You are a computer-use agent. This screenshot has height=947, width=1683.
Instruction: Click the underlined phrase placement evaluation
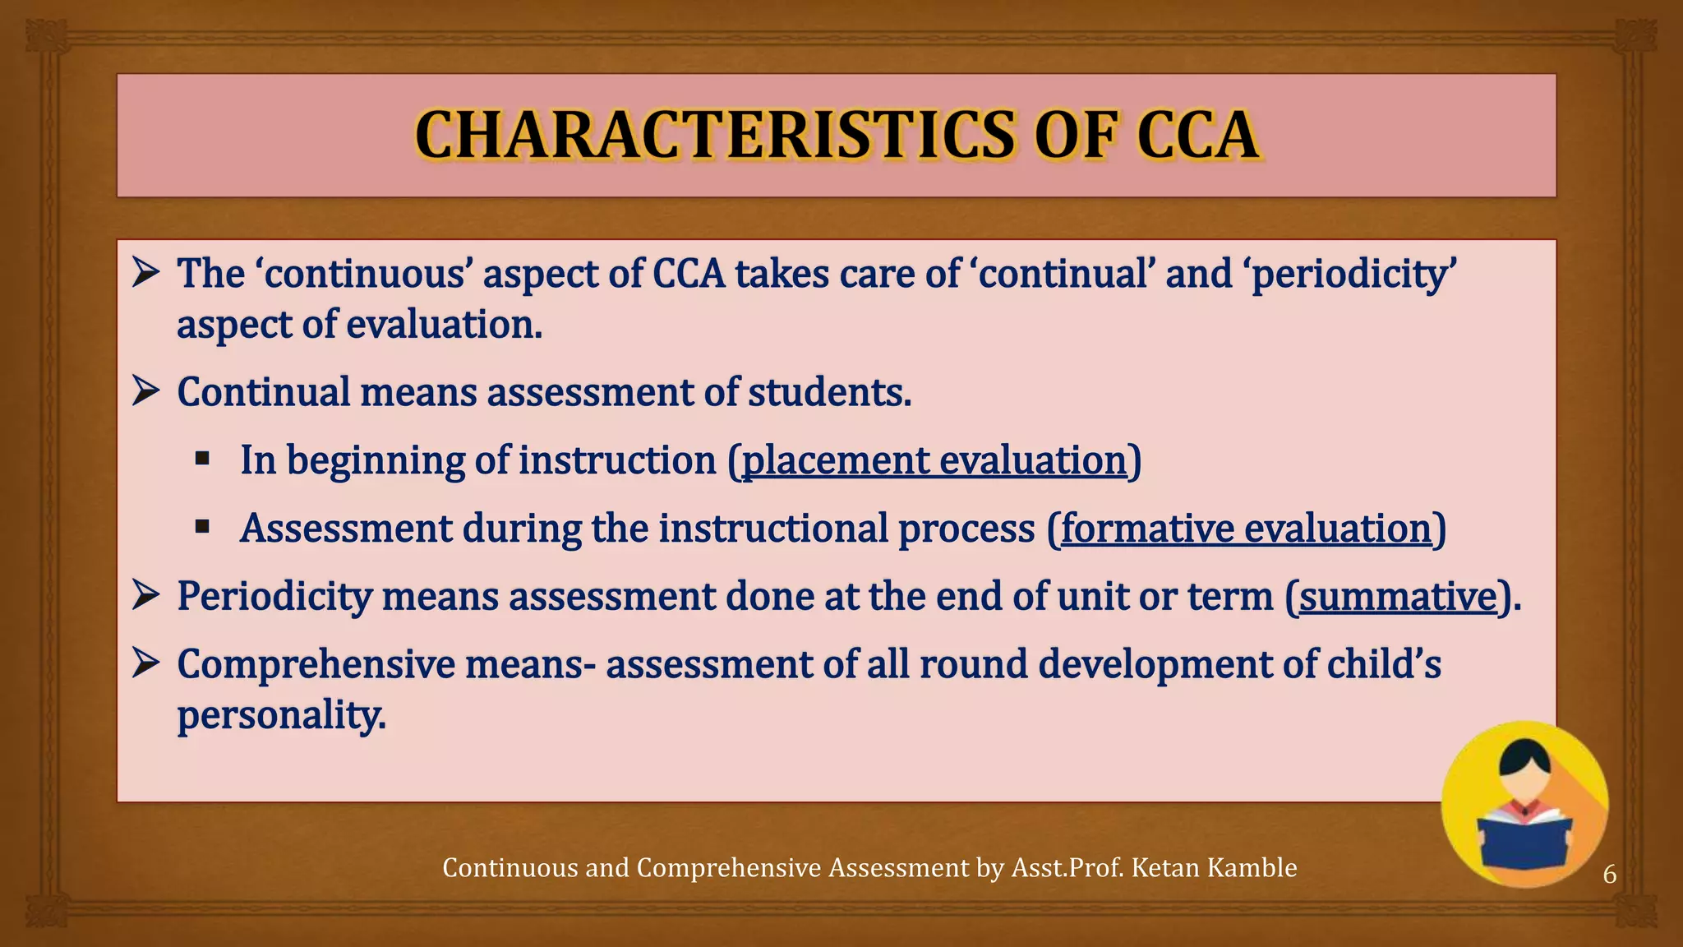[x=934, y=460]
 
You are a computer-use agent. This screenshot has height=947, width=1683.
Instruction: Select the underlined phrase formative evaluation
[x=1246, y=529]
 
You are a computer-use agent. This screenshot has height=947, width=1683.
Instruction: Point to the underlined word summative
[x=1398, y=597]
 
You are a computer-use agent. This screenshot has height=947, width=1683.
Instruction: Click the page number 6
[x=1610, y=874]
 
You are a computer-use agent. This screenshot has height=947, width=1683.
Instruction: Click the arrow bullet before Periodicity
[x=145, y=595]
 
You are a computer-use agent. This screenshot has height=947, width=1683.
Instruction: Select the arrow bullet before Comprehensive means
[x=145, y=663]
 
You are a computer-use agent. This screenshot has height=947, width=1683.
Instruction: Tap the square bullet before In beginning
[x=202, y=458]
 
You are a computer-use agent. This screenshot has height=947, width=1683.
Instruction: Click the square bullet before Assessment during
[x=202, y=526]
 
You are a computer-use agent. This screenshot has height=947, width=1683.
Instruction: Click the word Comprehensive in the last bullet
[x=316, y=664]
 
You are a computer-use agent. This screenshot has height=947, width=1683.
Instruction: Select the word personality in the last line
[x=281, y=715]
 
